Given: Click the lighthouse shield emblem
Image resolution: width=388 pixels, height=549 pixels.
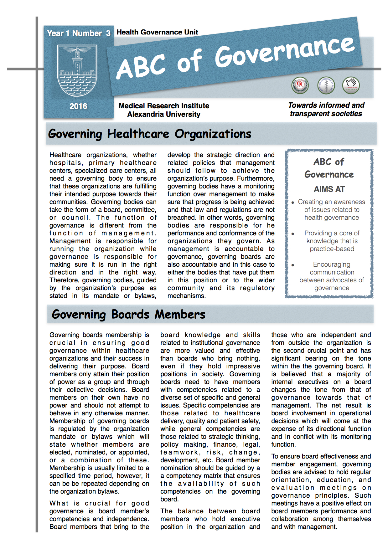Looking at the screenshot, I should tap(77, 70).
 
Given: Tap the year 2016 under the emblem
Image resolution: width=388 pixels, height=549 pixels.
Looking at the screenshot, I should tap(78, 106).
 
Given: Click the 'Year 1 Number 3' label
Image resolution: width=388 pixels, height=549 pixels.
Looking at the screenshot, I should tap(79, 33).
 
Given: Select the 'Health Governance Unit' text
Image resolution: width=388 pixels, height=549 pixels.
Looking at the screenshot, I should tap(157, 32).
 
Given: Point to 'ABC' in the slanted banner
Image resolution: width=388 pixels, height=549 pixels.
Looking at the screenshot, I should tap(141, 66).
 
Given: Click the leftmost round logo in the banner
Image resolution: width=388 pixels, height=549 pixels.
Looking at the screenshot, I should tap(300, 85).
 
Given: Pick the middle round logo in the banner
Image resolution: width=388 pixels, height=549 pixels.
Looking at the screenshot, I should tap(326, 85).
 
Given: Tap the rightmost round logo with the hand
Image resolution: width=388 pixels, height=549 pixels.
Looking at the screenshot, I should tap(351, 85).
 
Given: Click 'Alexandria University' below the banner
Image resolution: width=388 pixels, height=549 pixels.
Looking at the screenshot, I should tap(164, 115).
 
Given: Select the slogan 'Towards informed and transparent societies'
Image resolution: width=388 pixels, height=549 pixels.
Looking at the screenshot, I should tap(326, 110).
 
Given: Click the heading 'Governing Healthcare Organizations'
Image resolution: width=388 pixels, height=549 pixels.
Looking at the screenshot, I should tap(150, 134).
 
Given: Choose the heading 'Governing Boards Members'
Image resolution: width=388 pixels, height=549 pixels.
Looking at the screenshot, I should tap(128, 314).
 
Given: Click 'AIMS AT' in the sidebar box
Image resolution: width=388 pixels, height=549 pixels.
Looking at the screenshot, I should tap(329, 189).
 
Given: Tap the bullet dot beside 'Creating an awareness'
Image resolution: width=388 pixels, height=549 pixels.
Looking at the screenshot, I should tap(292, 203).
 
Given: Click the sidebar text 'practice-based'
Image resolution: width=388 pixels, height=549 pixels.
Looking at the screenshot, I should tap(332, 249).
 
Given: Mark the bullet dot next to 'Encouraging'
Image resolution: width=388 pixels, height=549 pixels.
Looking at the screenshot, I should tap(292, 265).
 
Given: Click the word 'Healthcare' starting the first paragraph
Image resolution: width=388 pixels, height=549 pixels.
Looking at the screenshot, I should tap(65, 155).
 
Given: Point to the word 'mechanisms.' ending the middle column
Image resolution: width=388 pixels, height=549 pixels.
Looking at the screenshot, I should tap(186, 296).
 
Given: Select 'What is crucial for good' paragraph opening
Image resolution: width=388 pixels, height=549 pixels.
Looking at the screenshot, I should tap(99, 503).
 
